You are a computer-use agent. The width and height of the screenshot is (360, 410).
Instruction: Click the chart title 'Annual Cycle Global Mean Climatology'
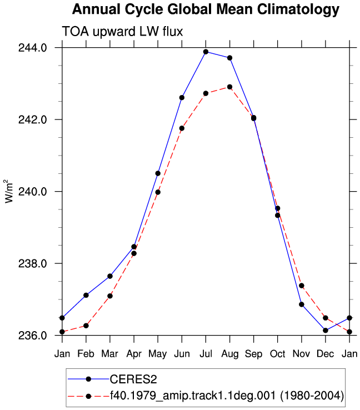(x=206, y=10)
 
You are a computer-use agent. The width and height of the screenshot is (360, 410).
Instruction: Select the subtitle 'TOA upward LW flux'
(x=122, y=32)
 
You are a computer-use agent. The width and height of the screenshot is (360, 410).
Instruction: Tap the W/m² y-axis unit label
(x=8, y=191)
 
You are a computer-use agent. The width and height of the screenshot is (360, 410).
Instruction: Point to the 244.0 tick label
(x=33, y=48)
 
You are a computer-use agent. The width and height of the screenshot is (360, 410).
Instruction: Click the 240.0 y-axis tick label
(x=33, y=192)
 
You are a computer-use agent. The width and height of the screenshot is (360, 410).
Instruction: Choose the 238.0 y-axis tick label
(x=33, y=263)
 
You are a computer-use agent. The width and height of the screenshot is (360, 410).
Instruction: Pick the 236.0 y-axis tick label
(x=33, y=336)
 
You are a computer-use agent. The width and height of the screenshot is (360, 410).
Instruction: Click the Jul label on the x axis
(x=206, y=354)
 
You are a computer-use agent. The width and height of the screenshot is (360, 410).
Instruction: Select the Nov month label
(x=302, y=354)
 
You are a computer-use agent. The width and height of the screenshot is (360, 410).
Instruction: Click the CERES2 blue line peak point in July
(x=206, y=52)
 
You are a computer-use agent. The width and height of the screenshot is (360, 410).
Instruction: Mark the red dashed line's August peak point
(x=230, y=87)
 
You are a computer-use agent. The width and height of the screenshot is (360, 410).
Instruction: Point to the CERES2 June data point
(x=182, y=98)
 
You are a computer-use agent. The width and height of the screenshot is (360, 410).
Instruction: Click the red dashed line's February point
(x=86, y=326)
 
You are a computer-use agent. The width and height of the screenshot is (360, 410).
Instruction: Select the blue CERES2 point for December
(x=326, y=331)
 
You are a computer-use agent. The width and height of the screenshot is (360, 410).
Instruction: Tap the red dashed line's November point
(x=302, y=286)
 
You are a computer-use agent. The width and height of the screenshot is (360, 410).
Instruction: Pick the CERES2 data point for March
(x=110, y=276)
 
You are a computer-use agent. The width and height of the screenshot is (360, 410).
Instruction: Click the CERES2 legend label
(x=133, y=379)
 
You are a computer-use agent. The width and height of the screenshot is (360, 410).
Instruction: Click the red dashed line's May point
(x=158, y=192)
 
